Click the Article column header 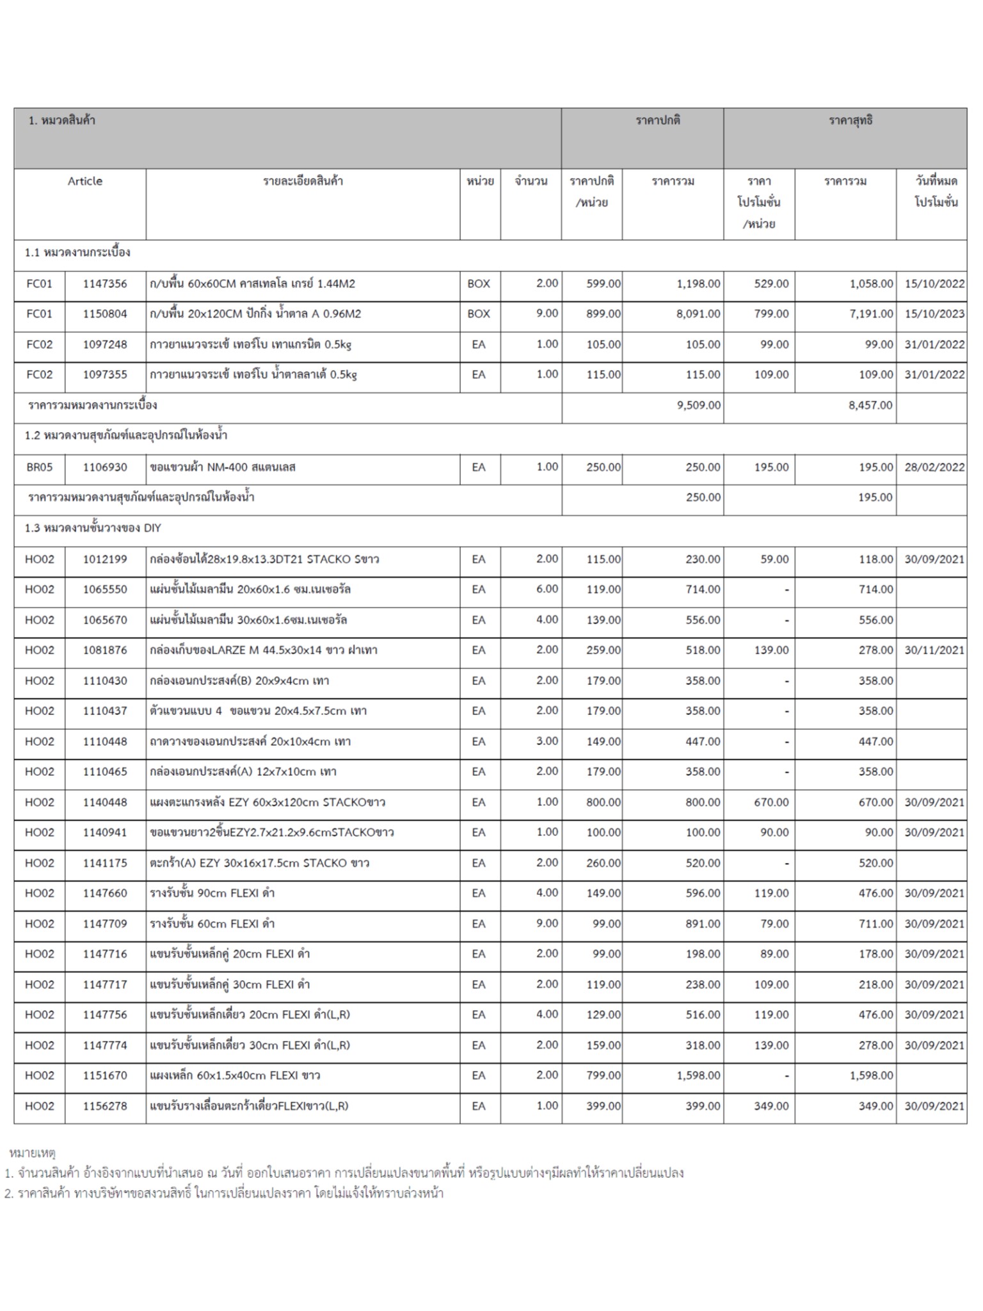pyautogui.click(x=84, y=181)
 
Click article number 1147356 pyautogui.click(x=105, y=284)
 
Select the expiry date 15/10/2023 pyautogui.click(x=934, y=314)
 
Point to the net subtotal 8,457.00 pyautogui.click(x=870, y=405)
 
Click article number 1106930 pyautogui.click(x=105, y=467)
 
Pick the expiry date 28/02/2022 pyautogui.click(x=934, y=467)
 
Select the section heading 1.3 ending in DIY pyautogui.click(x=93, y=528)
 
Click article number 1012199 pyautogui.click(x=105, y=559)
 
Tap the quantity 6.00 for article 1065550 pyautogui.click(x=547, y=589)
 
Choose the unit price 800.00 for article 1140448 pyautogui.click(x=603, y=803)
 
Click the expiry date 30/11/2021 pyautogui.click(x=934, y=650)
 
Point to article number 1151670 pyautogui.click(x=105, y=1076)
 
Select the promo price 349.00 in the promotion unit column pyautogui.click(x=771, y=1106)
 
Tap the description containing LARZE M pyautogui.click(x=263, y=650)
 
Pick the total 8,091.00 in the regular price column pyautogui.click(x=698, y=314)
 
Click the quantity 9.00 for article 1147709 pyautogui.click(x=547, y=924)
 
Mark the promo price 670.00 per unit pyautogui.click(x=771, y=803)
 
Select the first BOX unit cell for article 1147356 pyautogui.click(x=479, y=284)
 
